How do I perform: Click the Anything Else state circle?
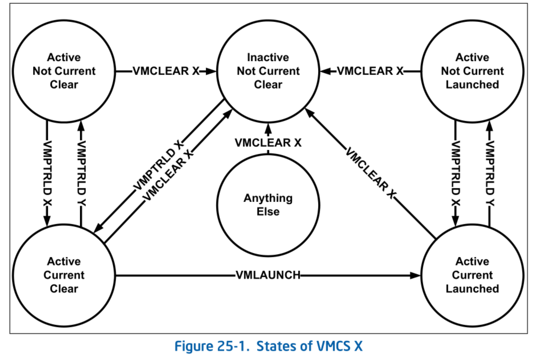[x=268, y=205]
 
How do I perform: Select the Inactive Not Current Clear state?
[x=268, y=71]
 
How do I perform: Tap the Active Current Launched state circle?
[x=472, y=275]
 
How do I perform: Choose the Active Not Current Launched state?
[x=472, y=71]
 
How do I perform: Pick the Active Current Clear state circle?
[x=64, y=275]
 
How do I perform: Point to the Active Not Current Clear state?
[x=64, y=71]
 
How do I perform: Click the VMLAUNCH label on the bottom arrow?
[x=268, y=275]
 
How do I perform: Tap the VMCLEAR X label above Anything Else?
[x=268, y=143]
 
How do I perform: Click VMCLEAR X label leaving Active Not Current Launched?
[x=370, y=71]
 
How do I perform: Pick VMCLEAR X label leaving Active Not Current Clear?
[x=166, y=71]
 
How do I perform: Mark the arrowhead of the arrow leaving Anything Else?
[x=268, y=128]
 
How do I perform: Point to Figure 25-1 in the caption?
[x=210, y=346]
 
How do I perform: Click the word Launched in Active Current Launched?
[x=472, y=289]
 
